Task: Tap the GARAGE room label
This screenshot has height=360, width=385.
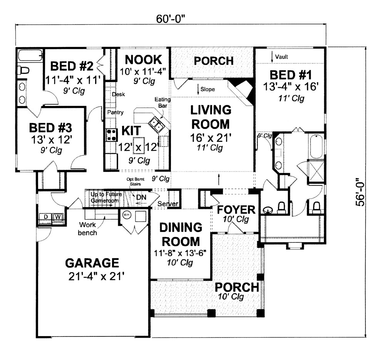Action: pyautogui.click(x=92, y=263)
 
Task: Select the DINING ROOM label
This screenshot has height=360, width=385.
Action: pyautogui.click(x=181, y=234)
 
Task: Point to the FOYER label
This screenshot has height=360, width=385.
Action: pyautogui.click(x=236, y=210)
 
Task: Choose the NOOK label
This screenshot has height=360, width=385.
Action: pyautogui.click(x=143, y=60)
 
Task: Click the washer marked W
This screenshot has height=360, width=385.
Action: pyautogui.click(x=58, y=217)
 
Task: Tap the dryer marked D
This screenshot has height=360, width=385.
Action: pyautogui.click(x=46, y=217)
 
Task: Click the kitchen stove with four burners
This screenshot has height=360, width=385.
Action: pyautogui.click(x=112, y=135)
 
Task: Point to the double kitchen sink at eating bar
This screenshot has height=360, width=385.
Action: pyautogui.click(x=157, y=124)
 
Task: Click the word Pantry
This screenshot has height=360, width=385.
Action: pyautogui.click(x=115, y=113)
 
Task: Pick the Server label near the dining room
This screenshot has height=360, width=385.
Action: pyautogui.click(x=168, y=204)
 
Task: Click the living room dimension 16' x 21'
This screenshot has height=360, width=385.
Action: pyautogui.click(x=211, y=138)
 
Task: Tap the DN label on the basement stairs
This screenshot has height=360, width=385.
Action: pyautogui.click(x=141, y=197)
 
